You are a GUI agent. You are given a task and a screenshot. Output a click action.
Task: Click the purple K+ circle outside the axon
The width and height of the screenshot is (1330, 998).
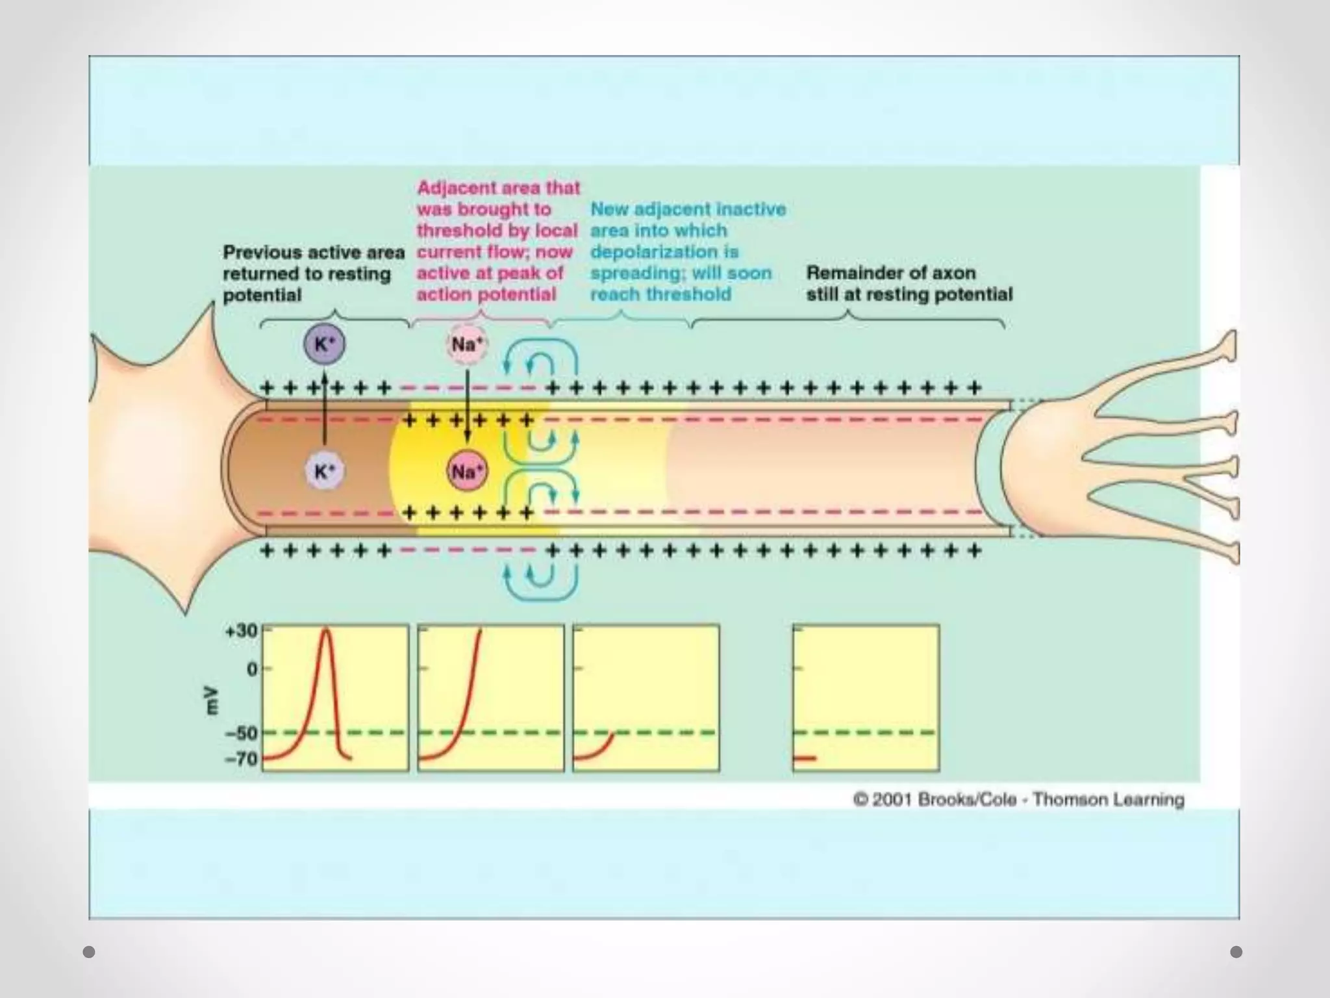(x=325, y=344)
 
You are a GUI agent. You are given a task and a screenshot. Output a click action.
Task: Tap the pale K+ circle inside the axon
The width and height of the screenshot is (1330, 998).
(x=325, y=471)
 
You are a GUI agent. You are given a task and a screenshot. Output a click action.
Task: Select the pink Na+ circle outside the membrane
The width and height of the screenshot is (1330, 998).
(x=467, y=344)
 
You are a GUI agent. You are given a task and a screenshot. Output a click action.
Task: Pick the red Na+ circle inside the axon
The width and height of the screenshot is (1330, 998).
(x=467, y=471)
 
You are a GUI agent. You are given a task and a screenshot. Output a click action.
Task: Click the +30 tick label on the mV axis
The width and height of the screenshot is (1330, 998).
(x=242, y=631)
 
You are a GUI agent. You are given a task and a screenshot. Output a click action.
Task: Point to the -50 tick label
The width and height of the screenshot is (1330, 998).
(x=242, y=733)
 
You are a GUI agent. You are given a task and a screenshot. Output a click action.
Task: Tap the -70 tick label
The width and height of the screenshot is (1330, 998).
(x=242, y=758)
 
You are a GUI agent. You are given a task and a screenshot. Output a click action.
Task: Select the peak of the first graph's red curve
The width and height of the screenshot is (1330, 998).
(x=326, y=630)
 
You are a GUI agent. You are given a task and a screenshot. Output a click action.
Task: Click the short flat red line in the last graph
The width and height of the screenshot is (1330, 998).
(x=805, y=758)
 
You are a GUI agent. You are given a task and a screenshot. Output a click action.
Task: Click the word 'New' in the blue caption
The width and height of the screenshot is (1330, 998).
(x=609, y=209)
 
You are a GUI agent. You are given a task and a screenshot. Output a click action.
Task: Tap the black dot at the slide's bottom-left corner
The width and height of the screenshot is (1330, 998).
(x=90, y=952)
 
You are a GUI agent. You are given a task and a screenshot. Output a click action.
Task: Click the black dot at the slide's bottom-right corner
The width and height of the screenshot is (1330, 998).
(x=1236, y=952)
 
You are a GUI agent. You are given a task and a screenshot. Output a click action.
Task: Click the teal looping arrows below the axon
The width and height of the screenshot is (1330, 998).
(x=540, y=582)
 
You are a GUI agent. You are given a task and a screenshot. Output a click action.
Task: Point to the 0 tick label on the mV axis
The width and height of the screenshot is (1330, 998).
(x=252, y=669)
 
